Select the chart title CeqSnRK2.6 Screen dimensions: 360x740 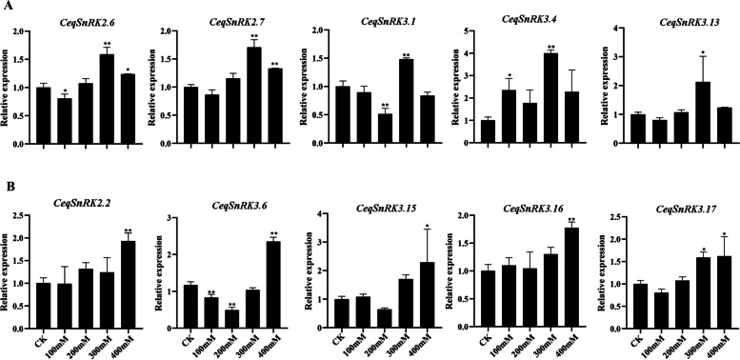[64, 21]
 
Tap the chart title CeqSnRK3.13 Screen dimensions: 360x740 [658, 21]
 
